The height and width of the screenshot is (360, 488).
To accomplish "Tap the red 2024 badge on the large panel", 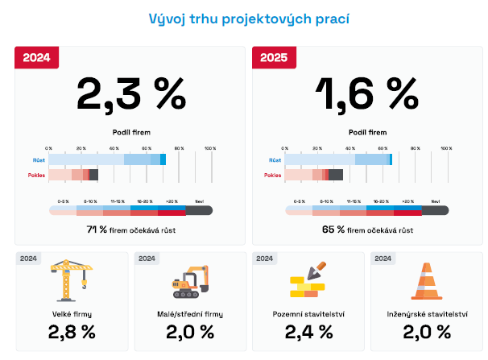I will [36, 57].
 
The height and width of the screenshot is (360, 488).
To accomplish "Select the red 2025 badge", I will [274, 57].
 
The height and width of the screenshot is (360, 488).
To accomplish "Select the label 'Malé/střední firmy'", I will [190, 313].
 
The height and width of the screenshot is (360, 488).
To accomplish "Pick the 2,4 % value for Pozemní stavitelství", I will [308, 332].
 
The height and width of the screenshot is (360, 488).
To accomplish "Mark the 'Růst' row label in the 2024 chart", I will [39, 160].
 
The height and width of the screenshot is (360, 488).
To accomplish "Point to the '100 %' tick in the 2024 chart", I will [210, 148].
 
